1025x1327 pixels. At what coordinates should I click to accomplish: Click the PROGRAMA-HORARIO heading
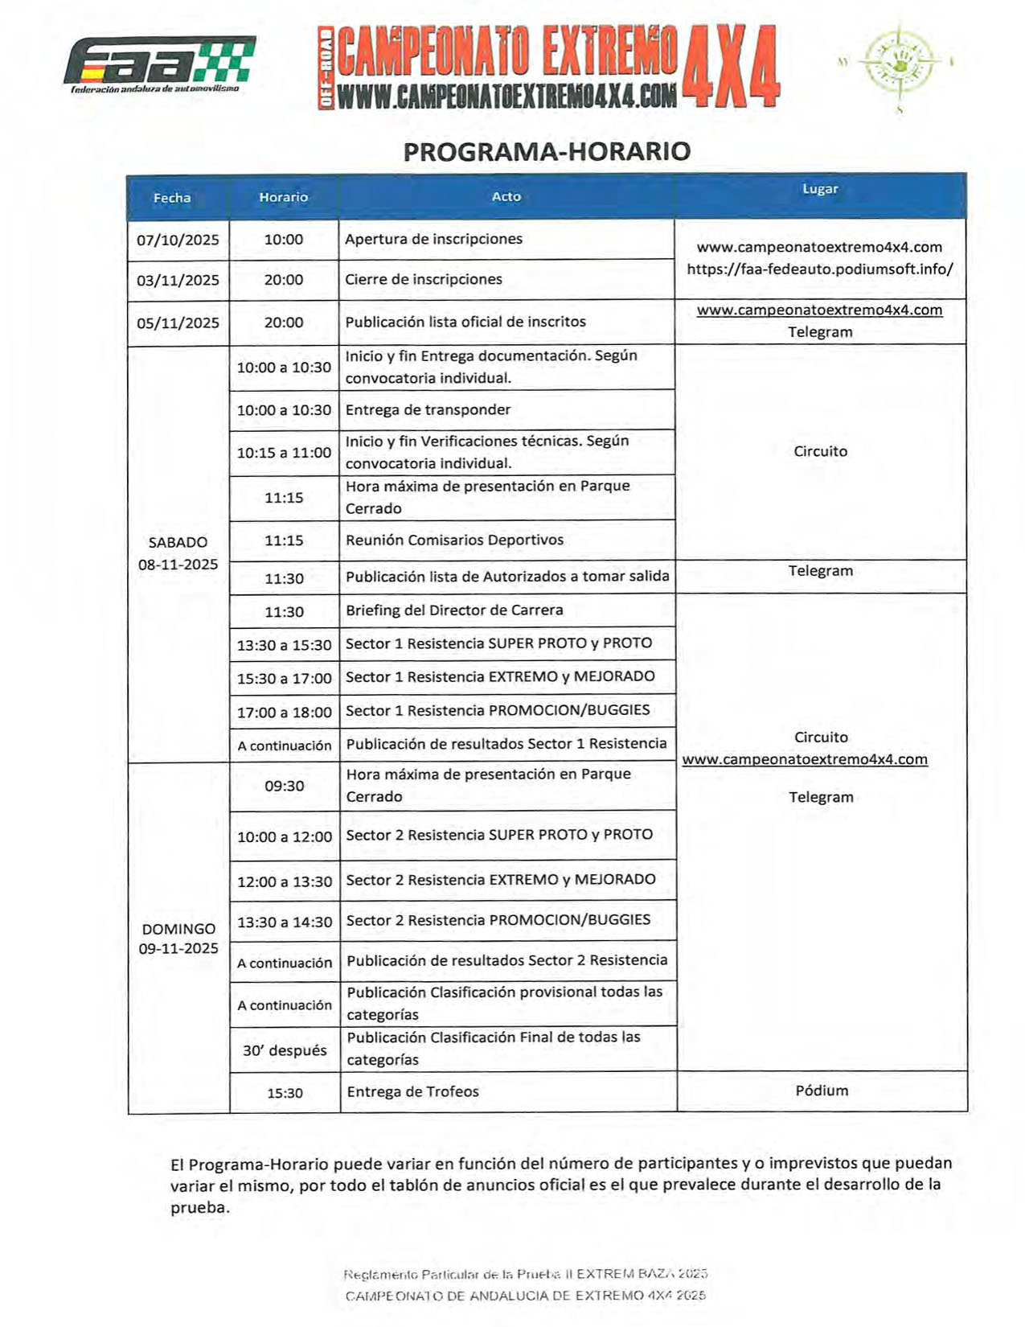coord(547,151)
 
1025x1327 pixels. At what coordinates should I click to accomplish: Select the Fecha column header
coord(172,198)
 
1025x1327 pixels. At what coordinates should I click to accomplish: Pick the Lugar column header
coord(820,189)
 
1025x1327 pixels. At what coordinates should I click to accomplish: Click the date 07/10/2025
coord(178,240)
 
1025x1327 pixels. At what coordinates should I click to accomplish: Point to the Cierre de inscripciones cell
coord(424,279)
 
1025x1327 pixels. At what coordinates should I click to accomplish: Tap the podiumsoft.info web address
coord(820,269)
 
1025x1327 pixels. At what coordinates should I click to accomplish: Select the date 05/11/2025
coord(178,323)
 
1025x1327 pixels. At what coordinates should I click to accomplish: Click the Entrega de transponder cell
coord(428,409)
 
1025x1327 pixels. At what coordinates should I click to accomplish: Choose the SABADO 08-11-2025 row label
coord(178,553)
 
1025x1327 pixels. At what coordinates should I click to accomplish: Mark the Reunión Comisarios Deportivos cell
coord(454,540)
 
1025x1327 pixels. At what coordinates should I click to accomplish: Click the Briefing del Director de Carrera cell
coord(454,610)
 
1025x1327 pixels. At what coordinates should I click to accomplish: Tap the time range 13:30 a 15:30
coord(284,645)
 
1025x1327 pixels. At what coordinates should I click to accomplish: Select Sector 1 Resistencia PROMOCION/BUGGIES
coord(498,710)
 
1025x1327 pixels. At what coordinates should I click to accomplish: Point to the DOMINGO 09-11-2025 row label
coord(178,938)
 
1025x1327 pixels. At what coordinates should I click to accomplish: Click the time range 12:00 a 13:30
coord(284,881)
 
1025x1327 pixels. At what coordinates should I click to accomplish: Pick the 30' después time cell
coord(285,1050)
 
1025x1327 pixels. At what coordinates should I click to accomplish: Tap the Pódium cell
coord(822,1091)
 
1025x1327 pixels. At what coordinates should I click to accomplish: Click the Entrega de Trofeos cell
coord(412,1091)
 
